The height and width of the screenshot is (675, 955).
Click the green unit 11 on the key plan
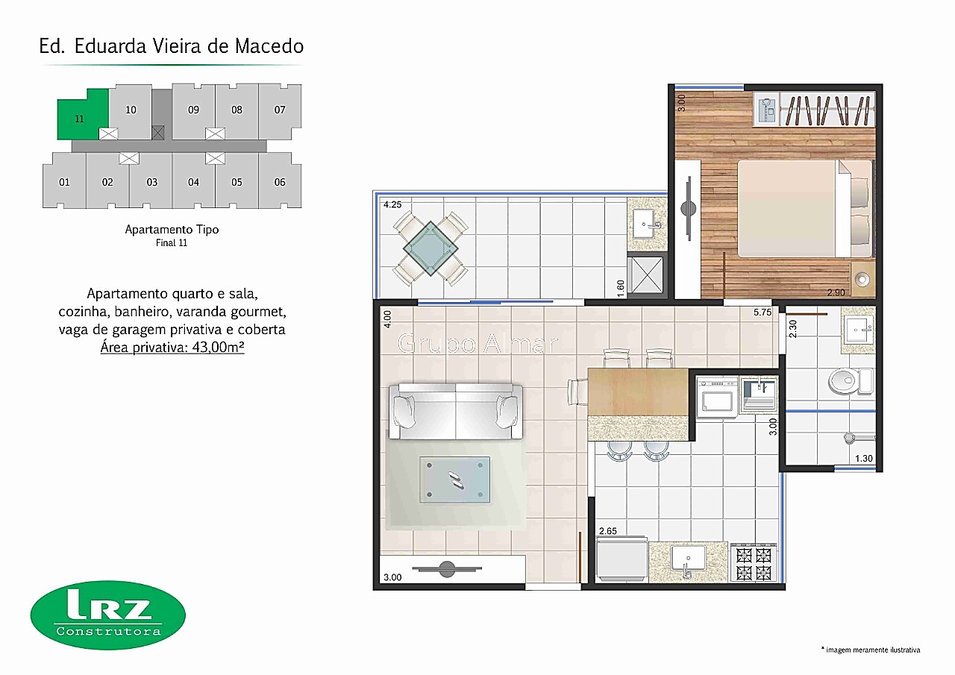coord(79,118)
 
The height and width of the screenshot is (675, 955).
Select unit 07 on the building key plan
coord(280,110)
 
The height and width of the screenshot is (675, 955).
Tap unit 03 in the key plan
coord(151,181)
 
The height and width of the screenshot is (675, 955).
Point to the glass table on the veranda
coord(430,248)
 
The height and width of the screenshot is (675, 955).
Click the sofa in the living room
coord(456,411)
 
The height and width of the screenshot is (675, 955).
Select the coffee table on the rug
coord(455,480)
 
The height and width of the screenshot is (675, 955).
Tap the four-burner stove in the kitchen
coord(754,563)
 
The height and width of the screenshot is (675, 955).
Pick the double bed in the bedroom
coord(805,208)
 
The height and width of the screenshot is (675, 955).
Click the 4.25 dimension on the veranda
coord(392,204)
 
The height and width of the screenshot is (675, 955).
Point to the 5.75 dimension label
coord(763,313)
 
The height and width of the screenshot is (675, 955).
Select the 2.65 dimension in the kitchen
coord(608,531)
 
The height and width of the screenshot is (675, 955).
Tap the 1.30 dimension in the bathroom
coord(864,459)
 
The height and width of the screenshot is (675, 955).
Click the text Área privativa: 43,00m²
coord(172,348)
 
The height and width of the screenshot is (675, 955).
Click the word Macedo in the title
coord(269,46)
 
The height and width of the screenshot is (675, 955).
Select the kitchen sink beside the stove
coord(688,561)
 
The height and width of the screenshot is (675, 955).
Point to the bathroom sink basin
coord(858,329)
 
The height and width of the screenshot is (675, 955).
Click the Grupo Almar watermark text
coord(477,343)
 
